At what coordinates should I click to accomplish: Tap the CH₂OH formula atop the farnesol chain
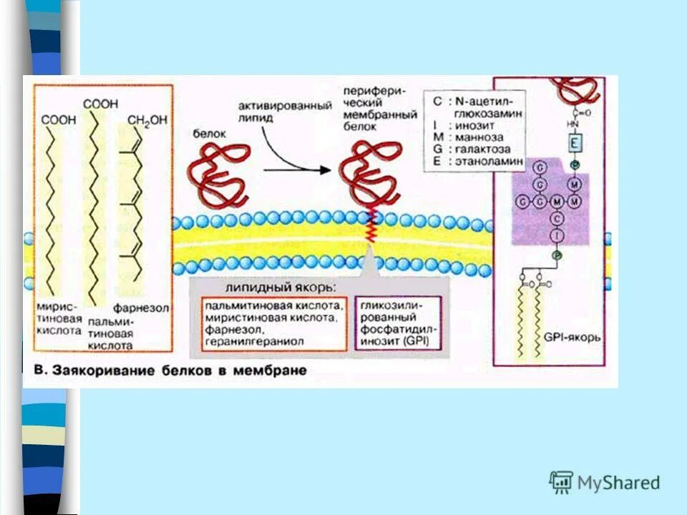coord(147,121)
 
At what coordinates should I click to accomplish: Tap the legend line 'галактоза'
coord(486,149)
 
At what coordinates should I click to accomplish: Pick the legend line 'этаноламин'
coord(491,161)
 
